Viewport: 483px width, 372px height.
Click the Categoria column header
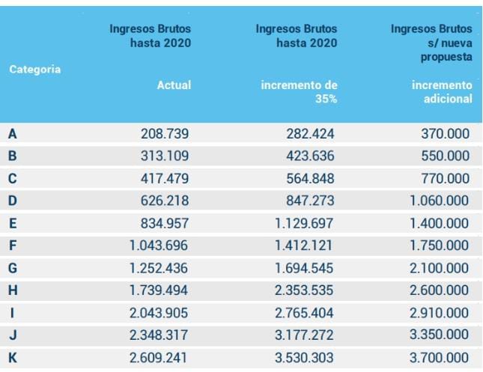tap(35, 69)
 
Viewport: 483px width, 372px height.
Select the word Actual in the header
tap(174, 85)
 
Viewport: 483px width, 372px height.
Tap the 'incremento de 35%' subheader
tap(299, 92)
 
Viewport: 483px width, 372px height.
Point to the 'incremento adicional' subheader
tap(442, 92)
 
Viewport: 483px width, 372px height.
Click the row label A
tap(13, 134)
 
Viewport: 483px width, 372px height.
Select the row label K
tap(13, 358)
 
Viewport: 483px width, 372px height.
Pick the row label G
tap(13, 269)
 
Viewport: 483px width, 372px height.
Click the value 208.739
tap(165, 134)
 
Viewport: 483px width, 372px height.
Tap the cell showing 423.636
tap(310, 156)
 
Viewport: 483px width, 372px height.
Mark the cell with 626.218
tap(165, 201)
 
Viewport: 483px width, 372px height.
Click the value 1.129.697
tap(304, 224)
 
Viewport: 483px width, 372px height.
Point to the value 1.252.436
tap(159, 269)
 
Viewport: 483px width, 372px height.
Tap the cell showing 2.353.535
tap(304, 291)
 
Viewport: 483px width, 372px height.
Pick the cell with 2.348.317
tap(159, 335)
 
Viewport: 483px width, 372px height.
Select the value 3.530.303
tap(304, 358)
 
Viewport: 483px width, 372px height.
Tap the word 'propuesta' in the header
tap(447, 57)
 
